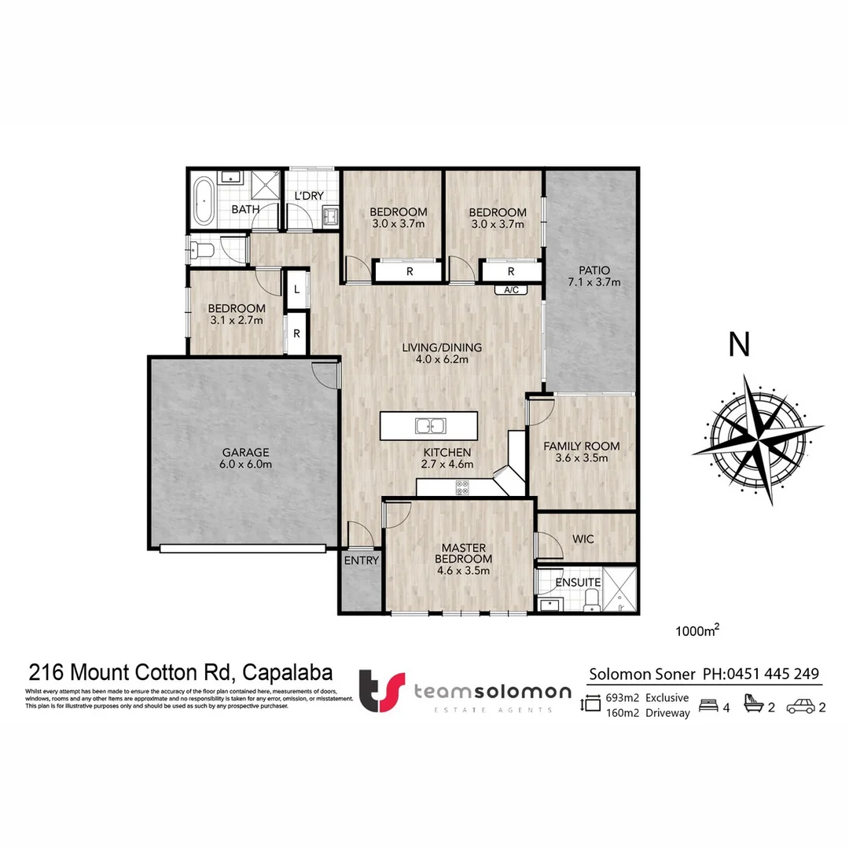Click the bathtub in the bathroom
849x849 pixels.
(x=204, y=201)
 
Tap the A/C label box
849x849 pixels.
(x=511, y=290)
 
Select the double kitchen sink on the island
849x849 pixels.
(x=430, y=427)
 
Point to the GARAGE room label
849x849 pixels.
(x=244, y=452)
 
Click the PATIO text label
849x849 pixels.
(x=589, y=270)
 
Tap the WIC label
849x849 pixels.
(x=583, y=539)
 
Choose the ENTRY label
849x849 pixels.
(x=362, y=560)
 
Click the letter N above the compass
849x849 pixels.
(x=739, y=344)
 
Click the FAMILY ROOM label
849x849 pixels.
(x=582, y=446)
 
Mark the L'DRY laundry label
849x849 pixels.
(x=309, y=196)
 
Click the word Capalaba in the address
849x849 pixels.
(x=287, y=673)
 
